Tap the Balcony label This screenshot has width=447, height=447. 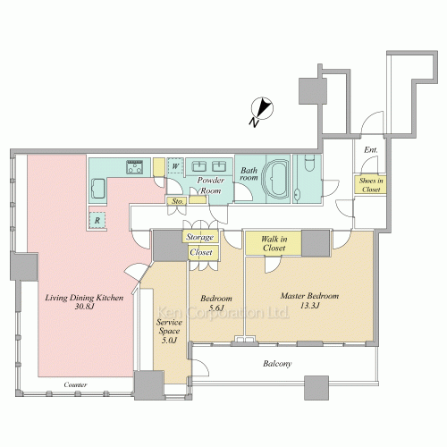click(x=277, y=364)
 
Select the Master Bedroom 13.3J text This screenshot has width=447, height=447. click(x=310, y=300)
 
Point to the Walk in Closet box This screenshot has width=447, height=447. click(x=274, y=243)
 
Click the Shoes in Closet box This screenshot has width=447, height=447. click(x=371, y=185)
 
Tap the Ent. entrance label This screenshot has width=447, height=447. click(x=371, y=149)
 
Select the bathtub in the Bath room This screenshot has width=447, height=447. click(x=275, y=180)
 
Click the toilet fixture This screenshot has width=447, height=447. click(x=309, y=163)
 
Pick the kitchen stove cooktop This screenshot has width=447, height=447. click(x=135, y=167)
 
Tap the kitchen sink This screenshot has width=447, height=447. click(x=97, y=189)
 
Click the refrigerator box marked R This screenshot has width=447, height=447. click(x=97, y=221)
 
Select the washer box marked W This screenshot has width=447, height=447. click(x=175, y=166)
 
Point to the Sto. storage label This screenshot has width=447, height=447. click(x=178, y=201)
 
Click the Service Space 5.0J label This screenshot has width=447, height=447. click(x=169, y=331)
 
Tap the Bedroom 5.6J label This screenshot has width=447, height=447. click(x=216, y=303)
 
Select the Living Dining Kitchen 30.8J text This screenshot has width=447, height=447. click(x=84, y=301)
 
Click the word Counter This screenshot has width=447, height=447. click(x=76, y=385)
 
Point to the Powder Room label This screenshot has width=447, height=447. click(x=211, y=185)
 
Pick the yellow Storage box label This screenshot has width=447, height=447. click(x=200, y=237)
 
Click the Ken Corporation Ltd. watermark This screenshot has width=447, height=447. click(x=223, y=313)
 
